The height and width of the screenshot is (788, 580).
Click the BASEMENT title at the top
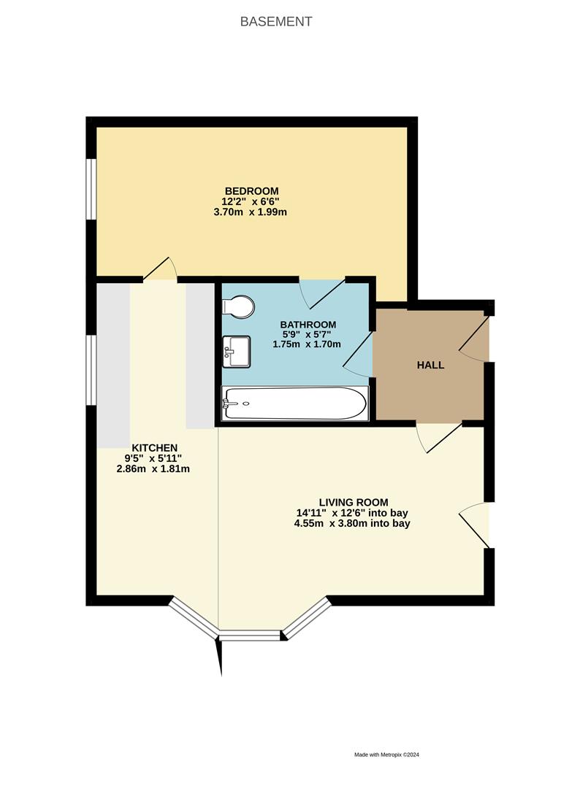pos(276,22)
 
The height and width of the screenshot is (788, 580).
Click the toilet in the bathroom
pos(239,307)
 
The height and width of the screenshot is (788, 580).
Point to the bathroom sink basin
pos(236,352)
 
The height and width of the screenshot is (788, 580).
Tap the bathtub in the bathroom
pos(294,403)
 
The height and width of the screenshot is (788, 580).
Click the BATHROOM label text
pos(308,325)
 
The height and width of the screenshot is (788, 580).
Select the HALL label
pos(430,365)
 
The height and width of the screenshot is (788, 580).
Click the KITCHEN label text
pos(154,447)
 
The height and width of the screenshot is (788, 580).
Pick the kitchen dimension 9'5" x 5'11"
pos(154,458)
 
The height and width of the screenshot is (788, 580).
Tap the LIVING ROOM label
pos(353,502)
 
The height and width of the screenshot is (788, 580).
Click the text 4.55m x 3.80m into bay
pos(352,523)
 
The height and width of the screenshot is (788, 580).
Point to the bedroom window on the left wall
pos(91,188)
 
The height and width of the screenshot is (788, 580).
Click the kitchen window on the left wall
pos(91,370)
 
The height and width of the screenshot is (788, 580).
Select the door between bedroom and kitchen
pos(160,269)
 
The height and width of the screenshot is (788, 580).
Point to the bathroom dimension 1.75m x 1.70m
pos(307,344)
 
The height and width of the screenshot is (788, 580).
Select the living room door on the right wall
pos(476,524)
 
